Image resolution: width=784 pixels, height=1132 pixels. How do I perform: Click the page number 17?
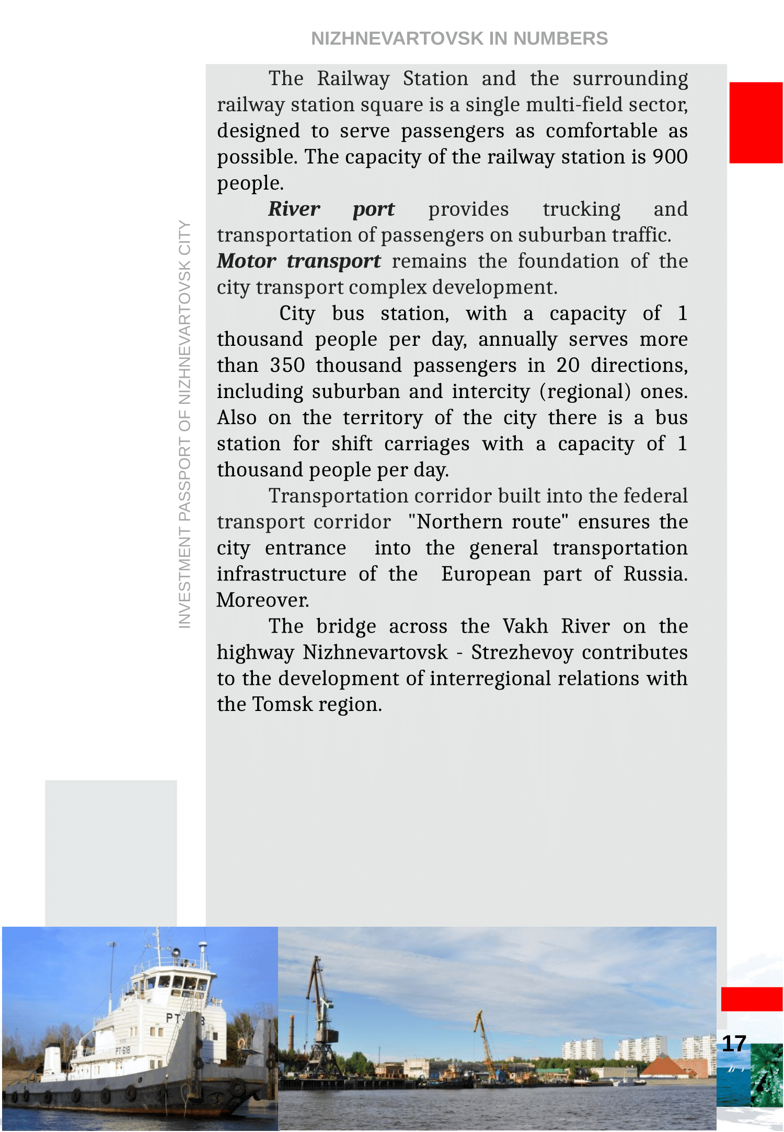pos(733,1044)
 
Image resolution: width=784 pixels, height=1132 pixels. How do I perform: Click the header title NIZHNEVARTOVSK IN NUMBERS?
pos(459,39)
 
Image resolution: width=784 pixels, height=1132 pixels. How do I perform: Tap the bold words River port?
pos(331,209)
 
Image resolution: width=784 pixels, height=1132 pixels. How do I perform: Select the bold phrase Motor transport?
pos(298,261)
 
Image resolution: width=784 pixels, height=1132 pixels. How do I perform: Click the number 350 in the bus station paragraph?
pos(287,365)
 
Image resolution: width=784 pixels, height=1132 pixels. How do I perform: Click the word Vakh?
pos(525,626)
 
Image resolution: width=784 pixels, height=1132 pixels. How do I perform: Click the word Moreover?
pos(262,600)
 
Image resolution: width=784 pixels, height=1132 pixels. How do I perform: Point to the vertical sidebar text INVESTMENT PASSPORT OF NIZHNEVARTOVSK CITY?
pos(185,423)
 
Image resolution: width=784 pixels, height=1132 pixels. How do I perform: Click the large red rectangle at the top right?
pos(755,123)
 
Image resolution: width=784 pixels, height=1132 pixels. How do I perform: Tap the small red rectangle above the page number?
pos(751,999)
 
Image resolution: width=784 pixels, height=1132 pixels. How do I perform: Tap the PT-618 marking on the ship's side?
pos(123,1051)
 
